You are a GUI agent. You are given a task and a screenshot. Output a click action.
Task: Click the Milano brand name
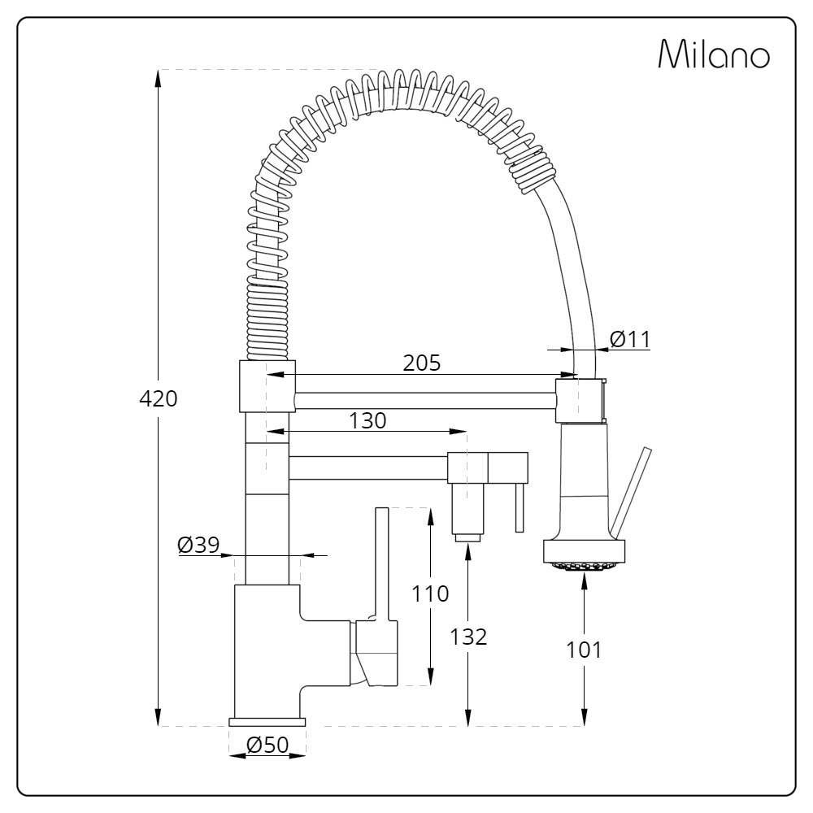pos(713,54)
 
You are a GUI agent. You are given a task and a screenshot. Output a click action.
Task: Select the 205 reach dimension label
pos(422,363)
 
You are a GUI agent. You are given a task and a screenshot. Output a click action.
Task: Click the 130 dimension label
pos(367,420)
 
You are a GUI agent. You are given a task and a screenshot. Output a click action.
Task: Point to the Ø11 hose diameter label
pos(630,339)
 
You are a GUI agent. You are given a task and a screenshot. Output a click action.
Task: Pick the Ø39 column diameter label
pos(198,544)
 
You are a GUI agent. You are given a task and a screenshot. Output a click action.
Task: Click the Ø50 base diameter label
pos(267,744)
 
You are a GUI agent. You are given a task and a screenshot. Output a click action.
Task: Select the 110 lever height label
pos(429,593)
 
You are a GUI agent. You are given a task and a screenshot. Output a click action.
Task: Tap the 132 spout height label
pos(468,637)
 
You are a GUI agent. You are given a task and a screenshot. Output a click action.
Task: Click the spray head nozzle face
pos(584,566)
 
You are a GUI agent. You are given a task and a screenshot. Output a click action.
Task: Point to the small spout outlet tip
pos(467,537)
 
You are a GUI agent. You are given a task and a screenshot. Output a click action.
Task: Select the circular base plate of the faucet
pos(267,722)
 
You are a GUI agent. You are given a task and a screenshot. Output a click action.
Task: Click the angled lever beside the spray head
pos(631,492)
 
